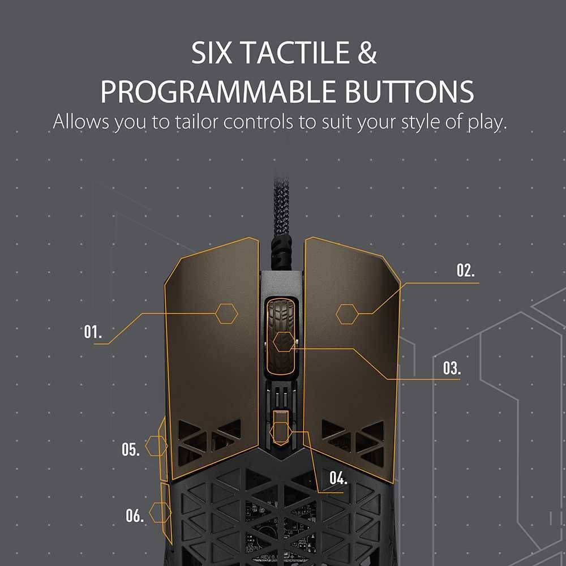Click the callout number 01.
pyautogui.click(x=93, y=332)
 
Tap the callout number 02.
pyautogui.click(x=466, y=270)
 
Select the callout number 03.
pyautogui.click(x=452, y=368)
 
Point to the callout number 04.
pyautogui.click(x=338, y=478)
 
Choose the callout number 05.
pyautogui.click(x=130, y=450)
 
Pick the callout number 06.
pyautogui.click(x=135, y=516)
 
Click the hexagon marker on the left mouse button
pyautogui.click(x=226, y=313)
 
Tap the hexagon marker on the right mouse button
pyautogui.click(x=346, y=313)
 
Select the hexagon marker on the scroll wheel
pyautogui.click(x=283, y=342)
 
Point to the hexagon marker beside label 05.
pyautogui.click(x=156, y=446)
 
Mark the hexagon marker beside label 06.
pyautogui.click(x=160, y=513)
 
